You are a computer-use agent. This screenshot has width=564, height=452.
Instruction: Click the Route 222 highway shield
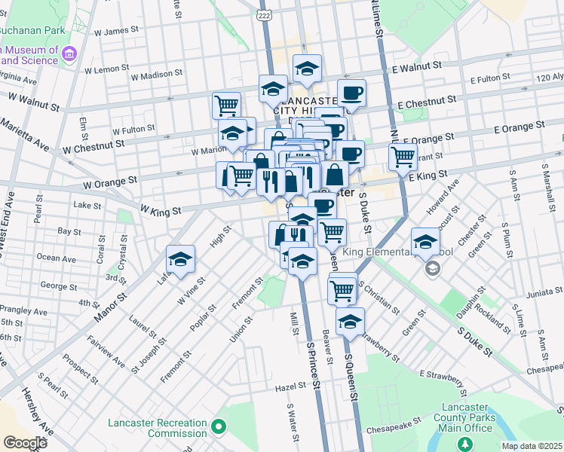[x=264, y=15]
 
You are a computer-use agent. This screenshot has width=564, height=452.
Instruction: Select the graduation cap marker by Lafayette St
[x=180, y=260]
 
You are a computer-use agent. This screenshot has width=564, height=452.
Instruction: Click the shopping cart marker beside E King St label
[x=403, y=157]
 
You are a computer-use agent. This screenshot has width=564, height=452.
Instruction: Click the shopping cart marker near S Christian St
[x=342, y=289]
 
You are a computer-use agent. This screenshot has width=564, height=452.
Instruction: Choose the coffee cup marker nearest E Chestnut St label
[x=351, y=93]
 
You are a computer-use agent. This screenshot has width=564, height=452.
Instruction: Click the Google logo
[x=25, y=442]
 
